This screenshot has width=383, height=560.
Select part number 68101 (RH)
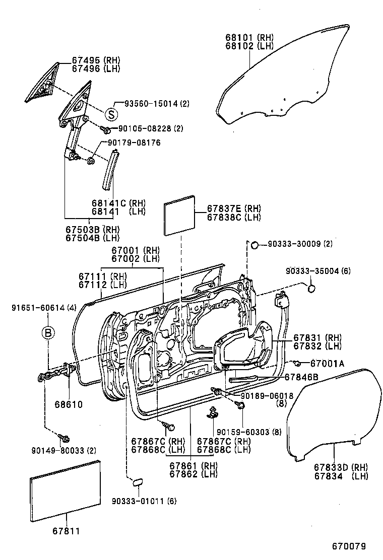(x=249, y=38)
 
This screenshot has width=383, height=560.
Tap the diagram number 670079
(x=348, y=546)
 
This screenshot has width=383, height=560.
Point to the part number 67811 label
(x=67, y=531)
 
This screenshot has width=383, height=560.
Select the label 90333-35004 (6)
(x=317, y=271)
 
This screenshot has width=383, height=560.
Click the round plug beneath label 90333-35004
(x=311, y=289)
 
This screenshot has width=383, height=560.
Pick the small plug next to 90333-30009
(x=254, y=245)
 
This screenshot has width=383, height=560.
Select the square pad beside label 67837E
(x=180, y=215)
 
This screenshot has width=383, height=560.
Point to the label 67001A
(x=327, y=363)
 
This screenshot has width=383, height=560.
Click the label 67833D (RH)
(x=341, y=467)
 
